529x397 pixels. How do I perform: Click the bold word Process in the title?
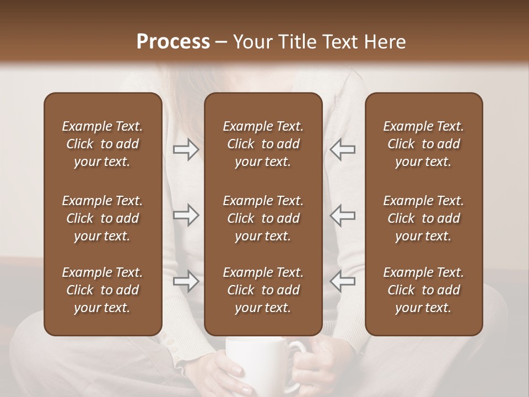pos(173,42)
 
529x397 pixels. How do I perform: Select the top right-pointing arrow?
pos(186,149)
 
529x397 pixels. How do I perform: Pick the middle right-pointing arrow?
pos(186,215)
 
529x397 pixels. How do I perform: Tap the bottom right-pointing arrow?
pos(186,281)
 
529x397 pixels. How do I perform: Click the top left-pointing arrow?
pos(342,149)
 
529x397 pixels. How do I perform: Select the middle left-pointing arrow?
pos(342,215)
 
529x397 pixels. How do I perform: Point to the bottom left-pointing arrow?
pos(342,281)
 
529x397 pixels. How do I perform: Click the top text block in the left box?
pos(102,144)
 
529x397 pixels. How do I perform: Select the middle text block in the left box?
pos(102,218)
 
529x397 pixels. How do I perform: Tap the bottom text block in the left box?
pos(102,290)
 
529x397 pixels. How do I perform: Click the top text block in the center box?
pos(263,144)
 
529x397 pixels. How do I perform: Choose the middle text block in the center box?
pos(263,218)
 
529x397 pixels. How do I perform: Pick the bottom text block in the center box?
pos(263,290)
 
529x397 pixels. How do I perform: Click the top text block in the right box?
pos(423,144)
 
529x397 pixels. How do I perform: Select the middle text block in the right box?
pos(423,218)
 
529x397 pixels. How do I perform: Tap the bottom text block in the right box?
pos(423,290)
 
